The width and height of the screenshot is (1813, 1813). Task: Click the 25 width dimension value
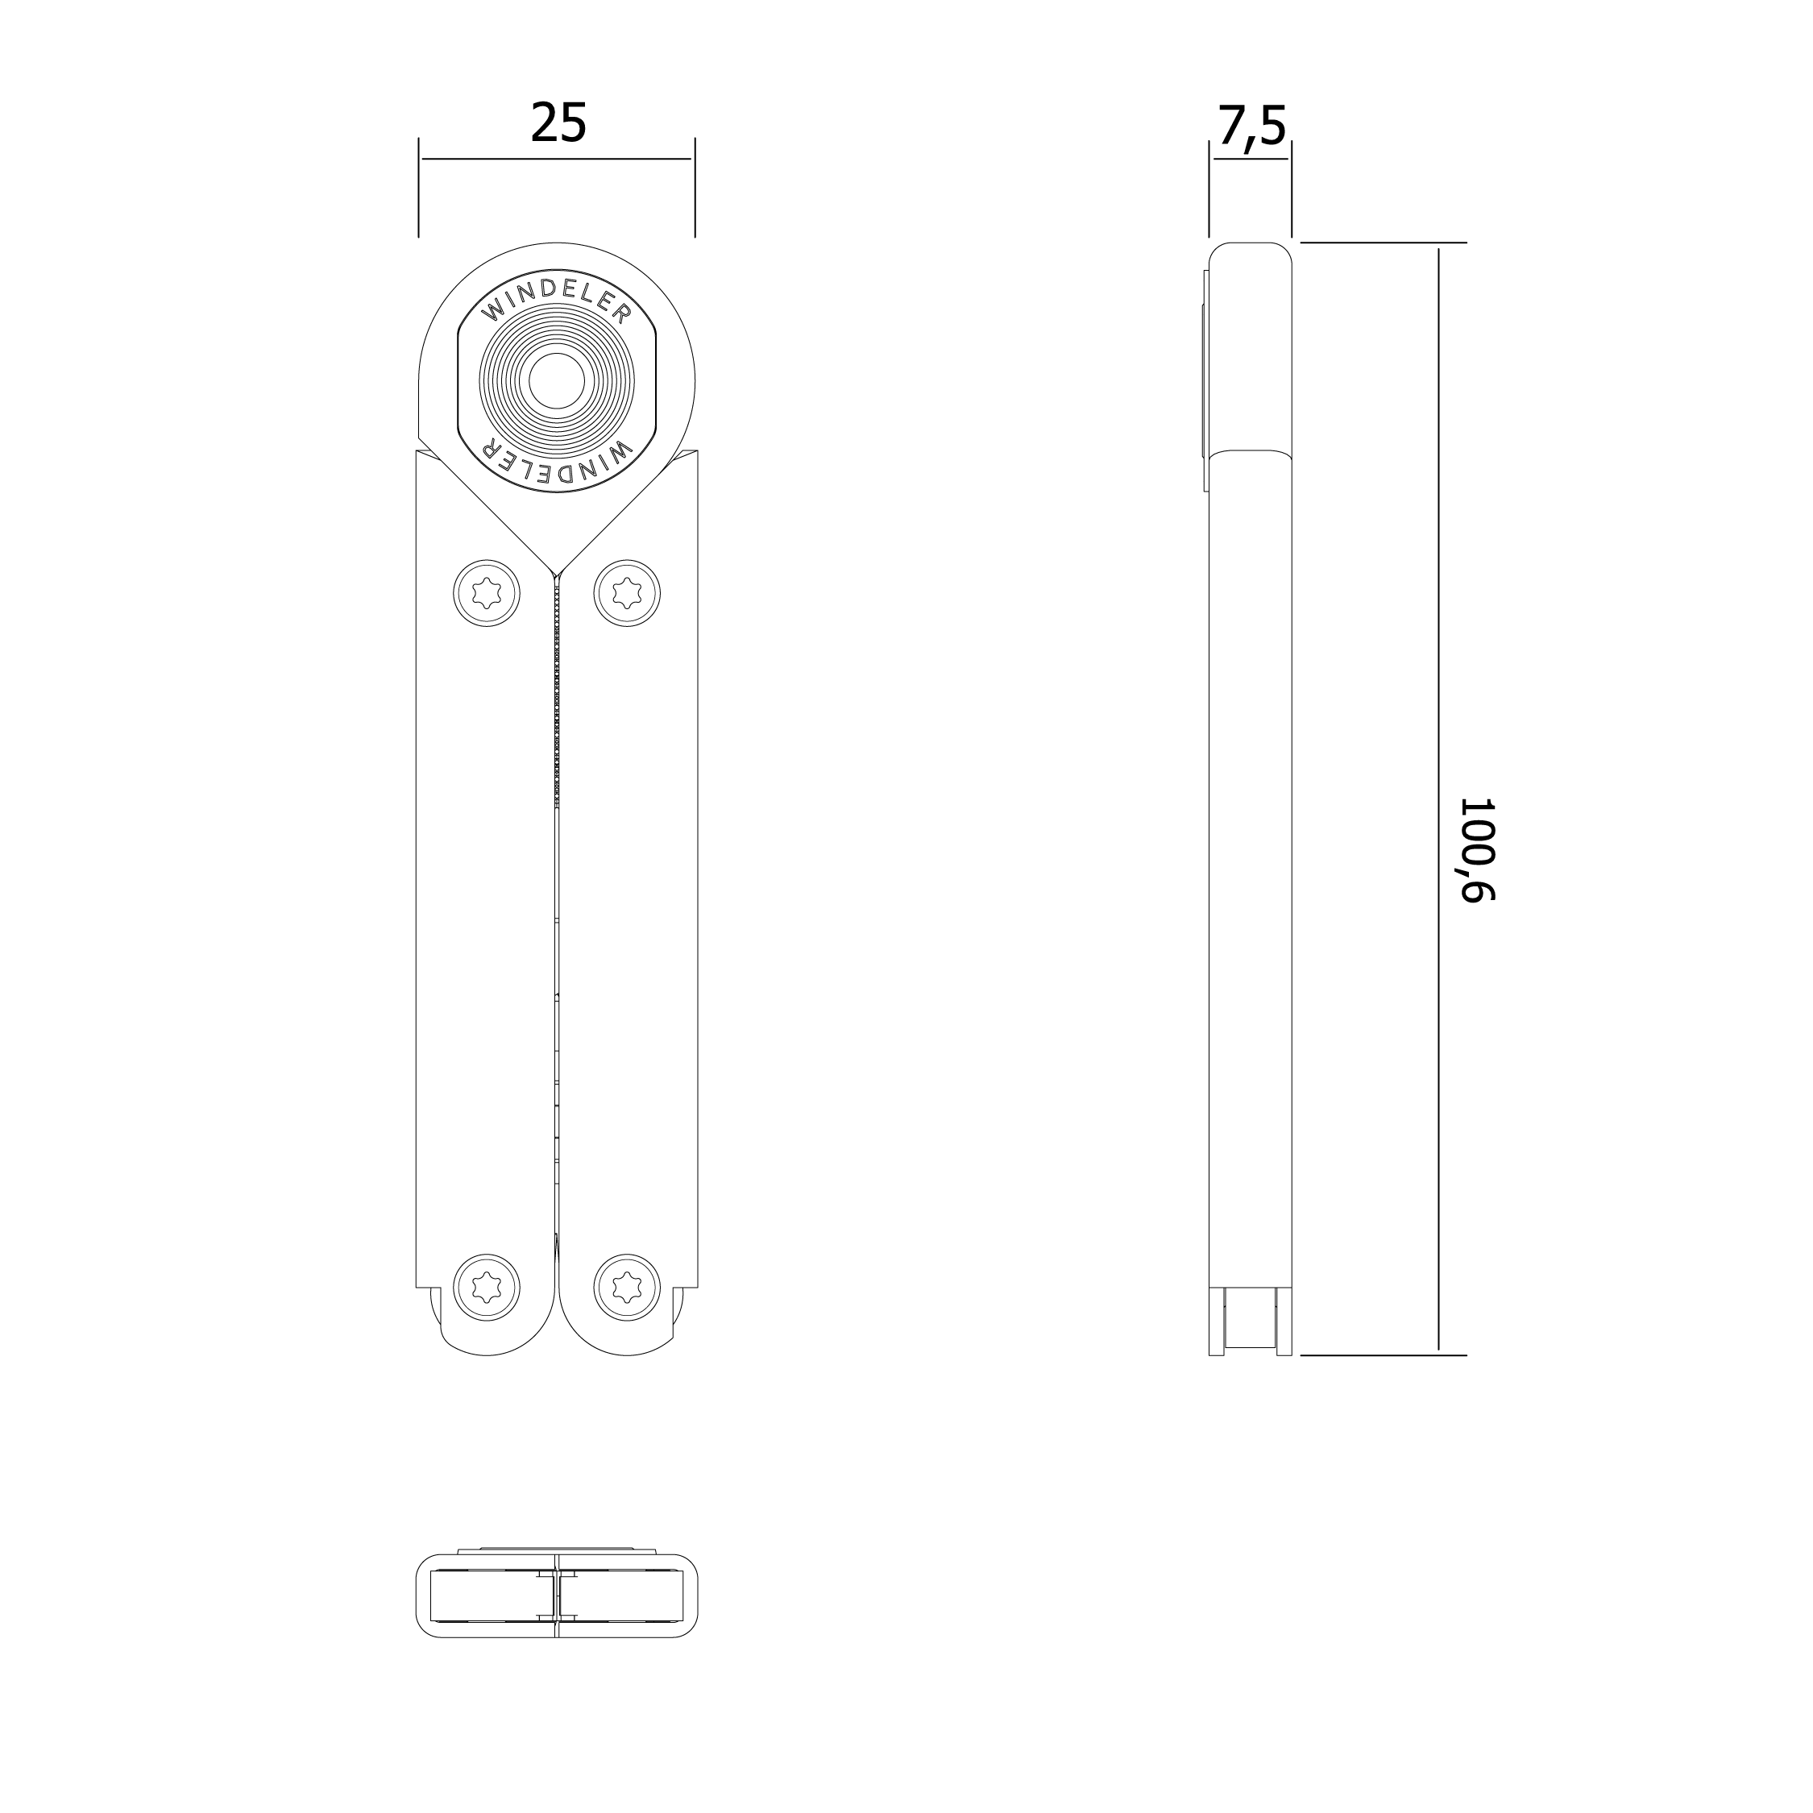[x=558, y=123]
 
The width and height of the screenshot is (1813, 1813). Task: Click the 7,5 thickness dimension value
[x=1252, y=126]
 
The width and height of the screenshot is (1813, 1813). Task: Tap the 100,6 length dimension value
[x=1476, y=850]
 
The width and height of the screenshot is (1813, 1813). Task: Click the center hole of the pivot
[x=557, y=382]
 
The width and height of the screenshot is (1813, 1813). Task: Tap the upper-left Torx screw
[x=487, y=593]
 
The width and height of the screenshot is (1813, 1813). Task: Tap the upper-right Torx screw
[x=627, y=593]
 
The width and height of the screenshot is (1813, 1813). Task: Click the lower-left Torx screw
[x=487, y=1287]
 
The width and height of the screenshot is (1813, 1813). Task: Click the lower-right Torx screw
[x=627, y=1287]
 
